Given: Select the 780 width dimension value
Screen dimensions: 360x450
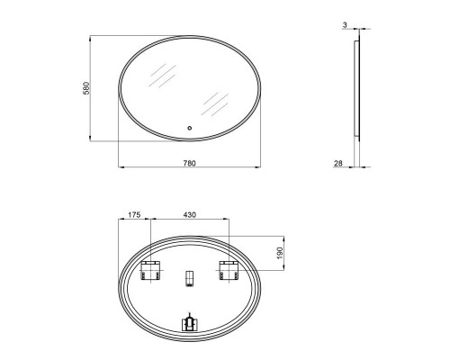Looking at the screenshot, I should pyautogui.click(x=190, y=163).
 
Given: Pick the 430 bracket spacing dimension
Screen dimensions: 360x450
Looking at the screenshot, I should pyautogui.click(x=190, y=216).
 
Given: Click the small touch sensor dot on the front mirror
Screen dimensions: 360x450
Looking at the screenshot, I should pyautogui.click(x=190, y=128).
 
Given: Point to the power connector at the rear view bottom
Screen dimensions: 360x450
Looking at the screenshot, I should pyautogui.click(x=190, y=322).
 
